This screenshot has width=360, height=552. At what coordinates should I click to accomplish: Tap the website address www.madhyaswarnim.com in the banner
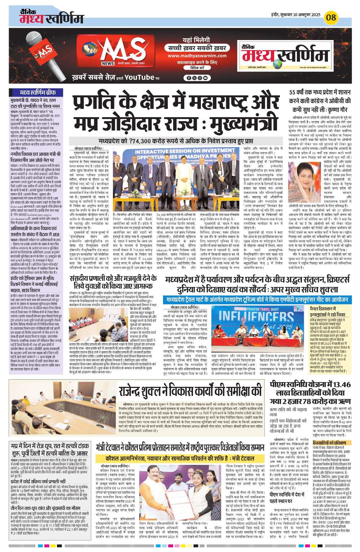coord(197,56)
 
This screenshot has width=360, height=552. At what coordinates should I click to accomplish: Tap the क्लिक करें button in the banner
coord(197,67)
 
